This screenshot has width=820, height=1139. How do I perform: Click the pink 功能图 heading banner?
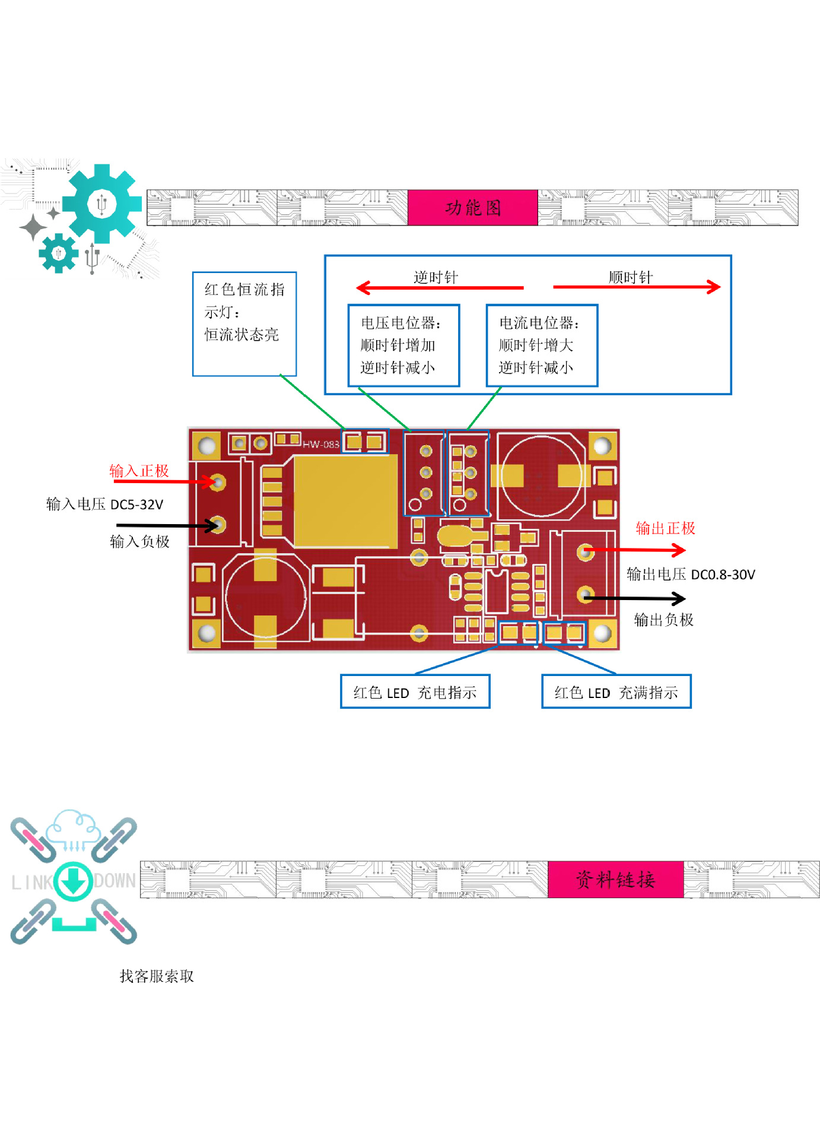pos(472,208)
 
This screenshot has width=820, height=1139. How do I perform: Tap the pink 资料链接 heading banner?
pos(615,879)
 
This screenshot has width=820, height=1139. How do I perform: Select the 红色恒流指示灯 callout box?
pos(244,323)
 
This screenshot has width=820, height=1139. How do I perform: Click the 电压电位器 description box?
pos(403,345)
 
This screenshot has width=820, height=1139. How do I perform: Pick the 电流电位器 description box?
pos(542,345)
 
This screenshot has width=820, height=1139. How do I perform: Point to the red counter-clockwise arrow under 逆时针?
pos(439,288)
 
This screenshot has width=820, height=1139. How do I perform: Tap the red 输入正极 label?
pos(139,471)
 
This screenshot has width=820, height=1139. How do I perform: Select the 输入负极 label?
pos(139,541)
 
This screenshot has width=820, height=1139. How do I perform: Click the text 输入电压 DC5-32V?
pos(104,505)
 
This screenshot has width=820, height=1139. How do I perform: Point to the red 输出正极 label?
pos(665,528)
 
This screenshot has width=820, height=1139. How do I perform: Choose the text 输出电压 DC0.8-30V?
pos(691,575)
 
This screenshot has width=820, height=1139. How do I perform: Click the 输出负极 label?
pos(663,620)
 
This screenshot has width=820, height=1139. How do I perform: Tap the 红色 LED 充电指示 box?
pos(415,692)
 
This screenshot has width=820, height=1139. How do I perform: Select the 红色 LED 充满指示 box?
pos(616,692)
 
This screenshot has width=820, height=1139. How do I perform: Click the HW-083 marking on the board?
pos(320,444)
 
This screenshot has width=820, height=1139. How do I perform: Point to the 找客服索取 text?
pos(157,976)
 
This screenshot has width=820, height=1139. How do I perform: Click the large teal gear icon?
pos(102,204)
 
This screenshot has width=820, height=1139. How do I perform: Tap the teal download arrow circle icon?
pos(74,881)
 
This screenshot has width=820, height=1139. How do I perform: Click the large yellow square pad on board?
pos(345,502)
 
